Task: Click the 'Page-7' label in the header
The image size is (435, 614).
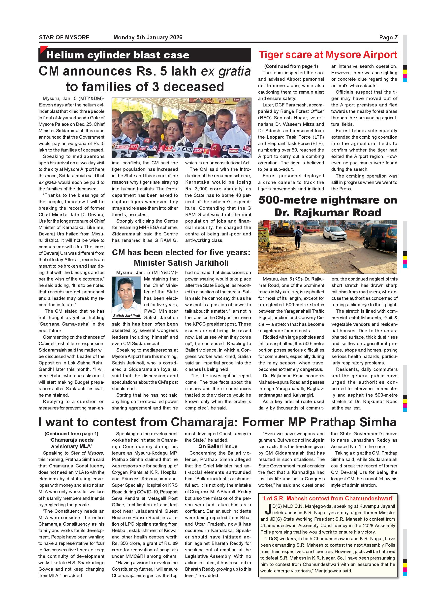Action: click(x=388, y=37)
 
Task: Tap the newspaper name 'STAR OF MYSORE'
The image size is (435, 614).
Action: click(x=64, y=37)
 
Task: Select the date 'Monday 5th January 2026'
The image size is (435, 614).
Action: click(x=148, y=37)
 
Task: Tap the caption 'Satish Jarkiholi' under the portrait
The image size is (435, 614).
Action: click(x=126, y=316)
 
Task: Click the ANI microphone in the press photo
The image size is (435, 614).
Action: click(x=187, y=150)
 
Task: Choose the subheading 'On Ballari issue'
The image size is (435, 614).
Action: click(x=218, y=446)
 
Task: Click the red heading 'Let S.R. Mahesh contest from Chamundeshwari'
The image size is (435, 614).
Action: click(x=328, y=498)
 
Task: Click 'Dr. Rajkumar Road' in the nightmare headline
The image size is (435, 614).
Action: click(x=328, y=213)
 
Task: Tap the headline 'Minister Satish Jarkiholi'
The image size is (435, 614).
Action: click(x=181, y=263)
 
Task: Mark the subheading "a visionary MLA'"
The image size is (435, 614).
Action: click(x=71, y=446)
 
